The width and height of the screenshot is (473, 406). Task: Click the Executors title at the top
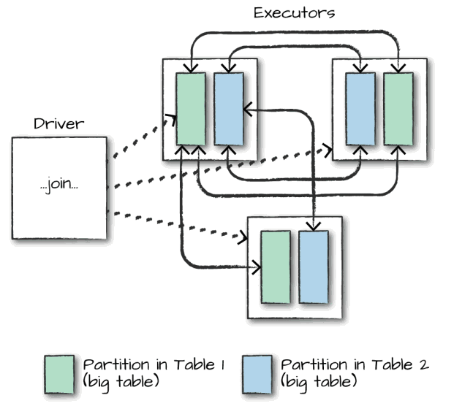tap(284, 12)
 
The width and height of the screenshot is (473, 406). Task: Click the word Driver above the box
tap(58, 123)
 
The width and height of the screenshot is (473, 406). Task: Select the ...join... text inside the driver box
tap(59, 185)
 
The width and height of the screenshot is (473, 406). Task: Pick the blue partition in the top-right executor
tap(359, 108)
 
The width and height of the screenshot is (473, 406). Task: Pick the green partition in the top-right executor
tap(397, 108)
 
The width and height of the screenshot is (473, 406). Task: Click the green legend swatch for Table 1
tap(59, 373)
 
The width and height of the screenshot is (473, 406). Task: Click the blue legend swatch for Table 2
tap(257, 373)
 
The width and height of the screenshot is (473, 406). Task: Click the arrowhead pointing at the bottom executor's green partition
tap(256, 268)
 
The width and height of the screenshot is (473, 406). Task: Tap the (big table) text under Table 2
tap(319, 381)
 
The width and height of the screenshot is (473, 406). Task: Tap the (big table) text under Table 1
tap(121, 381)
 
